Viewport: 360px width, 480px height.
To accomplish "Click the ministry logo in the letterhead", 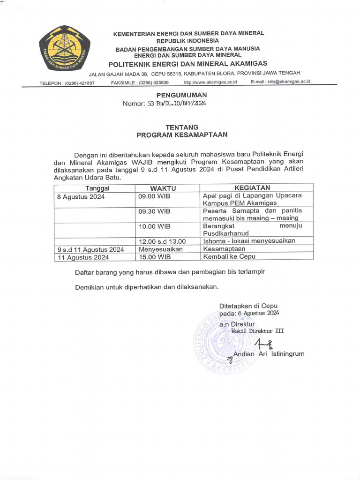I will click(64, 49).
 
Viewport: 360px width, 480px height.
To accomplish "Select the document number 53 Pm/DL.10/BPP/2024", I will click(177, 103).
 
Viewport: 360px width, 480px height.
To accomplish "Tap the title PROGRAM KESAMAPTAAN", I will click(182, 135).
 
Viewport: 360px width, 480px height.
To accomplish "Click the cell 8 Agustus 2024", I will click(81, 197).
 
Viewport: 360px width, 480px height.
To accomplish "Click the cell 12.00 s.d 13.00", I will click(162, 241).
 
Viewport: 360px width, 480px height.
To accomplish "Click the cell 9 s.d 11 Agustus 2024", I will click(90, 249).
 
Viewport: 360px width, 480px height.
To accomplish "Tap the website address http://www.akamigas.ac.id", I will click(210, 82).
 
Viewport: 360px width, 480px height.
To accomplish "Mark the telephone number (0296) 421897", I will click(80, 83).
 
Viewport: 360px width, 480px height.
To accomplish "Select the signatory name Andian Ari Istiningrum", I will click(269, 354).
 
